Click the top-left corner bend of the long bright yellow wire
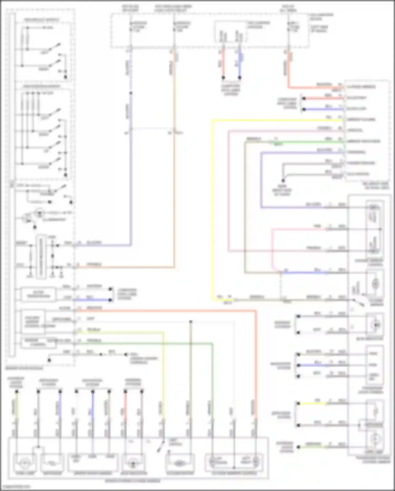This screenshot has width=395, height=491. tap(212, 121)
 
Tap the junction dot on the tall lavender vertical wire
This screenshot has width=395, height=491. tap(130, 93)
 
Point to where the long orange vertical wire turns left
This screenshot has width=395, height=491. tap(174, 267)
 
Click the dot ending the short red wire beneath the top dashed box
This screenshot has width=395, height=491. tap(223, 78)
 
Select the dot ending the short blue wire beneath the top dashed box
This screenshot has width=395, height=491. tap(240, 78)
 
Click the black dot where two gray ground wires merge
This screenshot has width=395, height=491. tap(283, 181)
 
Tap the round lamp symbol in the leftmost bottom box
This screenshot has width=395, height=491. tap(25, 463)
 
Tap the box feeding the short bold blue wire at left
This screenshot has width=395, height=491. tap(38, 294)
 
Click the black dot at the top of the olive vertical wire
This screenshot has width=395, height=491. tap(191, 322)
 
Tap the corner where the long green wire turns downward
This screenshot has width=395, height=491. tap(212, 344)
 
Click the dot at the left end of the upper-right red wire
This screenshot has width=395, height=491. tap(304, 98)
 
